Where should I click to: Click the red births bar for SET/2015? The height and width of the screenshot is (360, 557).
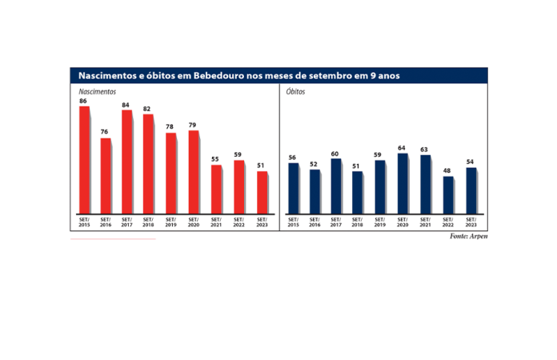84,160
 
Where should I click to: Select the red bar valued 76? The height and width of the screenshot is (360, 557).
106,176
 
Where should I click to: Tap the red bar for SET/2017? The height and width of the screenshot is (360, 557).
126,162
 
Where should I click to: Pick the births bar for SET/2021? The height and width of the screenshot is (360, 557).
216,190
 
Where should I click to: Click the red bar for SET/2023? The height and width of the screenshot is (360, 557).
262,193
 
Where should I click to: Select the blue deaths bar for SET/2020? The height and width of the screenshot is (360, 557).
403,183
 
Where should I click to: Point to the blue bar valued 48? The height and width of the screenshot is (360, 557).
448,195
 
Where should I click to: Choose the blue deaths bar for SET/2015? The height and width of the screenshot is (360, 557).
293,189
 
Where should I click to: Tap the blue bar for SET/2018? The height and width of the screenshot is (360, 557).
358,193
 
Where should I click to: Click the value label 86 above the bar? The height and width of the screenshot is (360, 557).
83,102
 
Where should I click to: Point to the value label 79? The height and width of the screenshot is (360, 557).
193,126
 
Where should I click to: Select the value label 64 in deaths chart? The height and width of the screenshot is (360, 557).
403,148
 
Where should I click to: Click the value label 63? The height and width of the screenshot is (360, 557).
425,150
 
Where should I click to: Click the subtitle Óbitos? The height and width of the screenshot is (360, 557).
295,91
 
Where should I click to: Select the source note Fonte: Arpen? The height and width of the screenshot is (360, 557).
468,237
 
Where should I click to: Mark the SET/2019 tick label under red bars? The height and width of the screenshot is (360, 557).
171,222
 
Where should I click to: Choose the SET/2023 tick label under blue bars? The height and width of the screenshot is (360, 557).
471,222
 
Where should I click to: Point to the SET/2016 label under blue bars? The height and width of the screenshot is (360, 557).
315,222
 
